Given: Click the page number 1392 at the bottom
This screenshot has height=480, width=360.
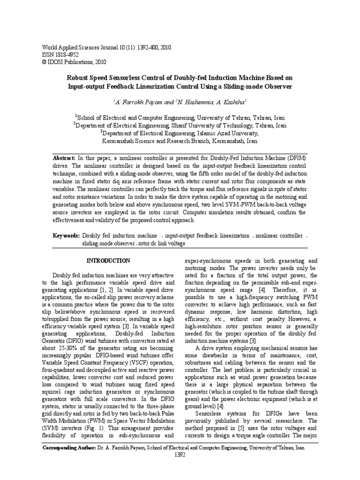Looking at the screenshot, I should [180, 454].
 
